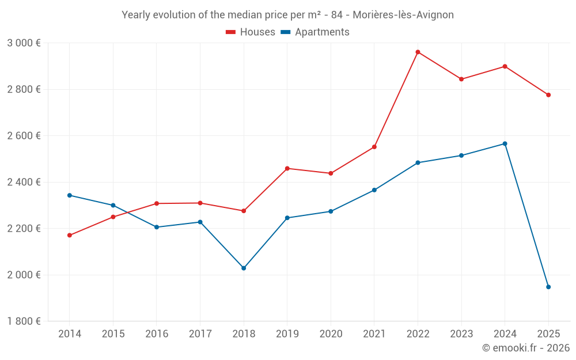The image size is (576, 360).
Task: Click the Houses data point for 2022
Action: click(x=418, y=52)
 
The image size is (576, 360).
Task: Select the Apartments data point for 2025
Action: click(x=548, y=287)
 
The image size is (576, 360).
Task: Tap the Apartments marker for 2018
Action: click(x=244, y=268)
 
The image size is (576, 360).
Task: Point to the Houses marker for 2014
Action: click(x=69, y=235)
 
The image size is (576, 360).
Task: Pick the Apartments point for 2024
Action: click(x=505, y=143)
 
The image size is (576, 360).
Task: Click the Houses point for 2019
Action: click(x=287, y=168)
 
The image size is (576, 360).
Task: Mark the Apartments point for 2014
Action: click(x=69, y=195)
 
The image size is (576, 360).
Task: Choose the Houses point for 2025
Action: click(x=548, y=95)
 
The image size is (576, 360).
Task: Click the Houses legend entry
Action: click(x=251, y=32)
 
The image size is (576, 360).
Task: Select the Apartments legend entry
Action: click(x=315, y=32)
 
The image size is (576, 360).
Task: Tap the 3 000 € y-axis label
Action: click(x=24, y=43)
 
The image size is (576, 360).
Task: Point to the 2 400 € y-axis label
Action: click(x=24, y=182)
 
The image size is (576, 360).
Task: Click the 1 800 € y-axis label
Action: click(x=24, y=321)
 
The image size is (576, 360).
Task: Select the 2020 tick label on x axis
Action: click(x=331, y=334)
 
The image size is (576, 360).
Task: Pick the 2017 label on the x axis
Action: click(x=200, y=334)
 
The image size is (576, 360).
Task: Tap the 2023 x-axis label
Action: click(x=461, y=334)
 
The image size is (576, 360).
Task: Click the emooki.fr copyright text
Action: click(x=525, y=348)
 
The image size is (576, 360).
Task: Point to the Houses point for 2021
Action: click(x=374, y=147)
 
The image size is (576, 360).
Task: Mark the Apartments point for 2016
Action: click(x=156, y=227)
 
